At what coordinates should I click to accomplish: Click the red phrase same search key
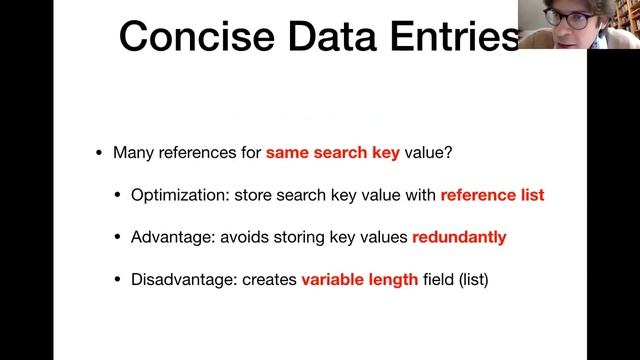pyautogui.click(x=333, y=153)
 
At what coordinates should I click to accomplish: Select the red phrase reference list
pyautogui.click(x=492, y=195)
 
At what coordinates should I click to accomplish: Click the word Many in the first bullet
pyautogui.click(x=132, y=153)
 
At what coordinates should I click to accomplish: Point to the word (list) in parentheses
pyautogui.click(x=470, y=279)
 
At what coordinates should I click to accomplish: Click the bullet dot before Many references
pyautogui.click(x=98, y=153)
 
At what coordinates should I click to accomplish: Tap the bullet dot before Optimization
pyautogui.click(x=118, y=195)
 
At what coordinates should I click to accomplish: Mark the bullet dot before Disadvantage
pyautogui.click(x=118, y=279)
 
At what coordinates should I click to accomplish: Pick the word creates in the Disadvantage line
pyautogui.click(x=272, y=279)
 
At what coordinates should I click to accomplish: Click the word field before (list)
pyautogui.click(x=437, y=279)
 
